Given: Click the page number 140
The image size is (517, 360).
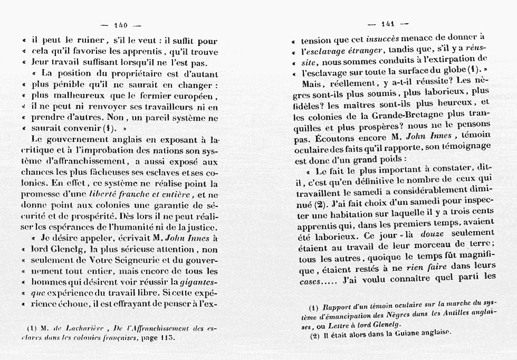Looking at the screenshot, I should coord(121,24).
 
